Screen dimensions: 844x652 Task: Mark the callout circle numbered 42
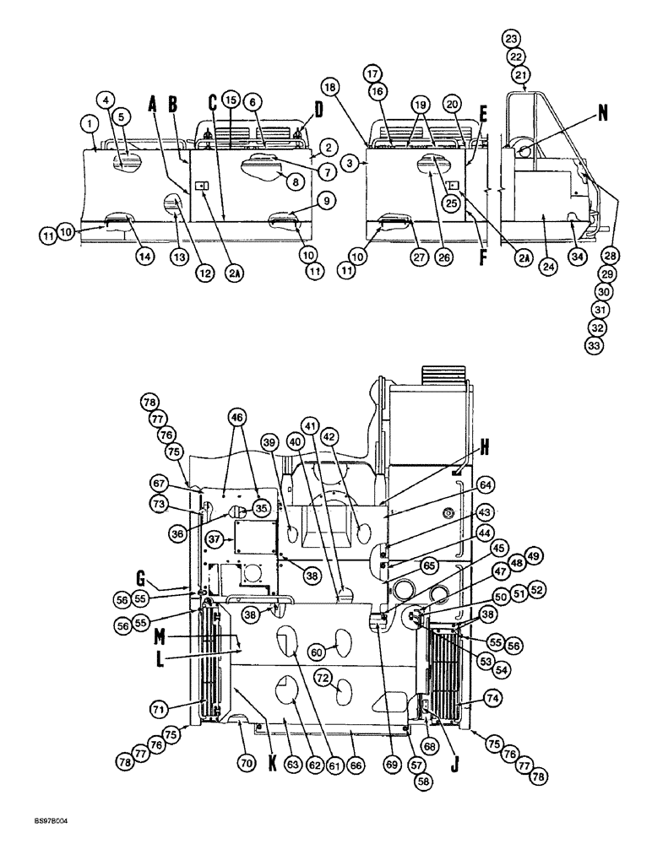329,437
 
